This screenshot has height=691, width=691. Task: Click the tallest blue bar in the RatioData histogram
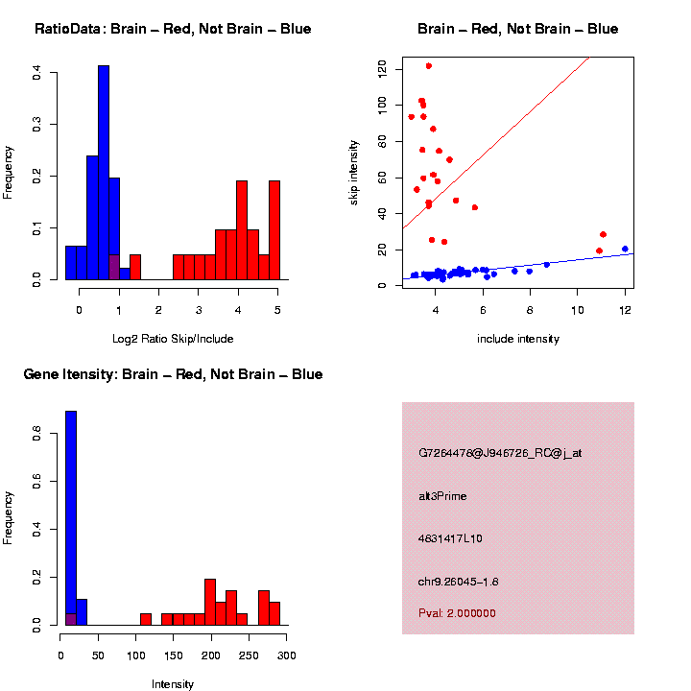tap(104, 173)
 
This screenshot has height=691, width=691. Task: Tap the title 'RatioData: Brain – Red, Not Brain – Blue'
tap(173, 29)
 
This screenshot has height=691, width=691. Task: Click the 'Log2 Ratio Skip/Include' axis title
tap(173, 339)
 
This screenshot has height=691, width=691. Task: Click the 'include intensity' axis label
tap(518, 339)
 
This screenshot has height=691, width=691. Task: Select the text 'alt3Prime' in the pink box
tap(442, 496)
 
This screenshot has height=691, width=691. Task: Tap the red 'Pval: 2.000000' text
tap(457, 613)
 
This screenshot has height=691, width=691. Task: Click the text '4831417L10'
tap(450, 538)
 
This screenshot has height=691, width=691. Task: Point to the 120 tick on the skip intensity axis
tap(382, 67)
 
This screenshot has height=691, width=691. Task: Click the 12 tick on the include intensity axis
tap(625, 311)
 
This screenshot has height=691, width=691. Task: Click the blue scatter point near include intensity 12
tap(625, 249)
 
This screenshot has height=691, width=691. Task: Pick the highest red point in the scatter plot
tap(428, 66)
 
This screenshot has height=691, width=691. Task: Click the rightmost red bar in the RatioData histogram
tap(274, 230)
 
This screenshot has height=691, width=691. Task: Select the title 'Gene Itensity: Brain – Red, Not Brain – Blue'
tap(173, 374)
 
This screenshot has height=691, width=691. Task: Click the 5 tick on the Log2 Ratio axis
tap(277, 310)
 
